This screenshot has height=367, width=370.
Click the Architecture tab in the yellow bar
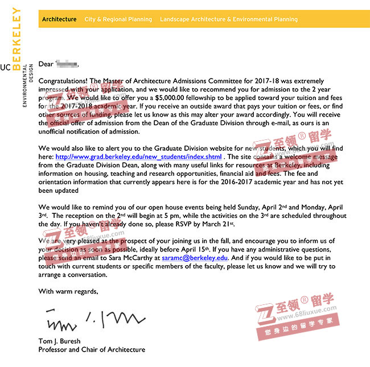point(59,19)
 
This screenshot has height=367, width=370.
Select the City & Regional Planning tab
point(118,19)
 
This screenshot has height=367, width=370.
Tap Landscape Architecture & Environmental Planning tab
point(228,19)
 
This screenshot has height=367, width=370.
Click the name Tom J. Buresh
point(59,341)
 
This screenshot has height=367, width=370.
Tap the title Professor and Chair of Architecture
point(92,349)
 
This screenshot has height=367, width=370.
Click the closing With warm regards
point(68,291)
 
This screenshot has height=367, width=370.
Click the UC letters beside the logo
point(5,67)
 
